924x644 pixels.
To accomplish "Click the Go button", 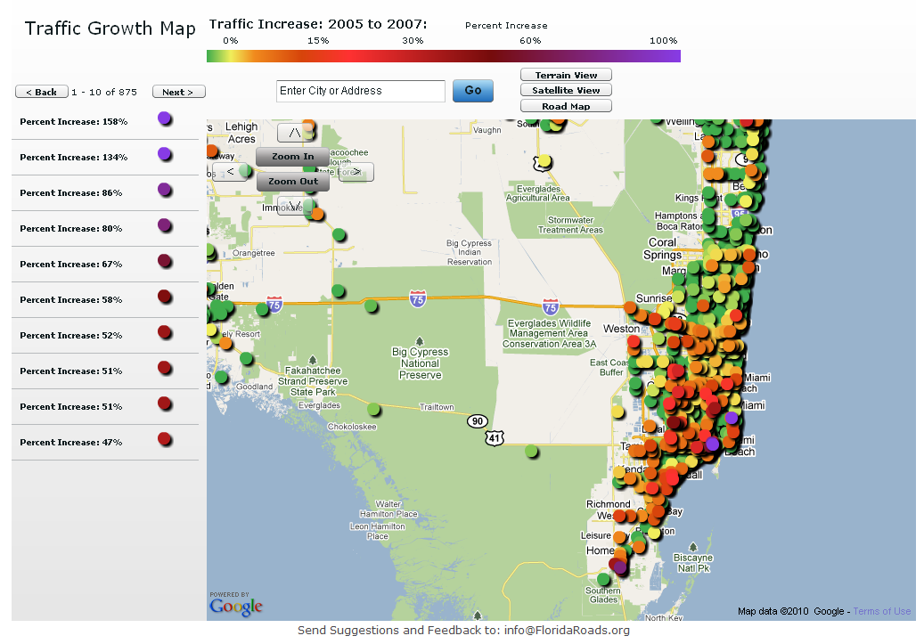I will coord(472,91).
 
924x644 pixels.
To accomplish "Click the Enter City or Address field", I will coord(360,91).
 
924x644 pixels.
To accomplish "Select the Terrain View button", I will coord(566,76).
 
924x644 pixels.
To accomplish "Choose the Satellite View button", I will coord(566,91).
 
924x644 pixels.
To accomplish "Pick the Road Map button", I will coord(566,107).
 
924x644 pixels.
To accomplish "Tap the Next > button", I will coord(178,92).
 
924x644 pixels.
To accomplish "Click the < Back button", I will coord(41,92).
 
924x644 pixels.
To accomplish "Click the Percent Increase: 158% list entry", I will coord(73,121).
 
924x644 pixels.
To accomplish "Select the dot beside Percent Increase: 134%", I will coord(164,154).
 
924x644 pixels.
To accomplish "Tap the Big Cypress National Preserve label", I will coord(420,363).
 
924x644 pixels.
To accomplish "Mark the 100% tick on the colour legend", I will coord(663,41).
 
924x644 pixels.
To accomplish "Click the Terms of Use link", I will coord(881,611).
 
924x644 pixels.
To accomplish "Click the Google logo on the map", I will coord(236,607).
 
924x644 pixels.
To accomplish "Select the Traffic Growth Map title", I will coord(110,29).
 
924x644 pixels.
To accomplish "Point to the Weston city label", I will coord(621,329).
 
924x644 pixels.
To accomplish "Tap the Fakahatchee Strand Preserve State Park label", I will coord(313,380).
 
